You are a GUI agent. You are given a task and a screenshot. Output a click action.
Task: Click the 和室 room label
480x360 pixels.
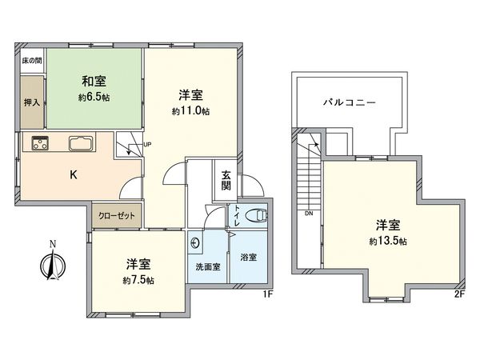click(93, 82)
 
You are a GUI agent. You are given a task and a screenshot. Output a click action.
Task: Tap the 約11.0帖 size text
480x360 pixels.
click(190, 111)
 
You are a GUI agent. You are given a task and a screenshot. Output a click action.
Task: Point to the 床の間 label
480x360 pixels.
click(31, 61)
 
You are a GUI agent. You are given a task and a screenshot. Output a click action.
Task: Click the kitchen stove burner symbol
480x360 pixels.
click(41, 144)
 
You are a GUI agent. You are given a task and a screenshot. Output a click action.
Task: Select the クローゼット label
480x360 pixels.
click(117, 214)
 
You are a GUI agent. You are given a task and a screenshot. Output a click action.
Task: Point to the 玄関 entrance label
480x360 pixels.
click(226, 182)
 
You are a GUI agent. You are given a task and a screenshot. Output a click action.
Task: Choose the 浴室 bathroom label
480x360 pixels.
click(249, 258)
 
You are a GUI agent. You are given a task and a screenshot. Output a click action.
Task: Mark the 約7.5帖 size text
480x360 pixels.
click(139, 281)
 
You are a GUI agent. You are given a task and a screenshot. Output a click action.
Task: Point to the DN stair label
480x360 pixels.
click(308, 214)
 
